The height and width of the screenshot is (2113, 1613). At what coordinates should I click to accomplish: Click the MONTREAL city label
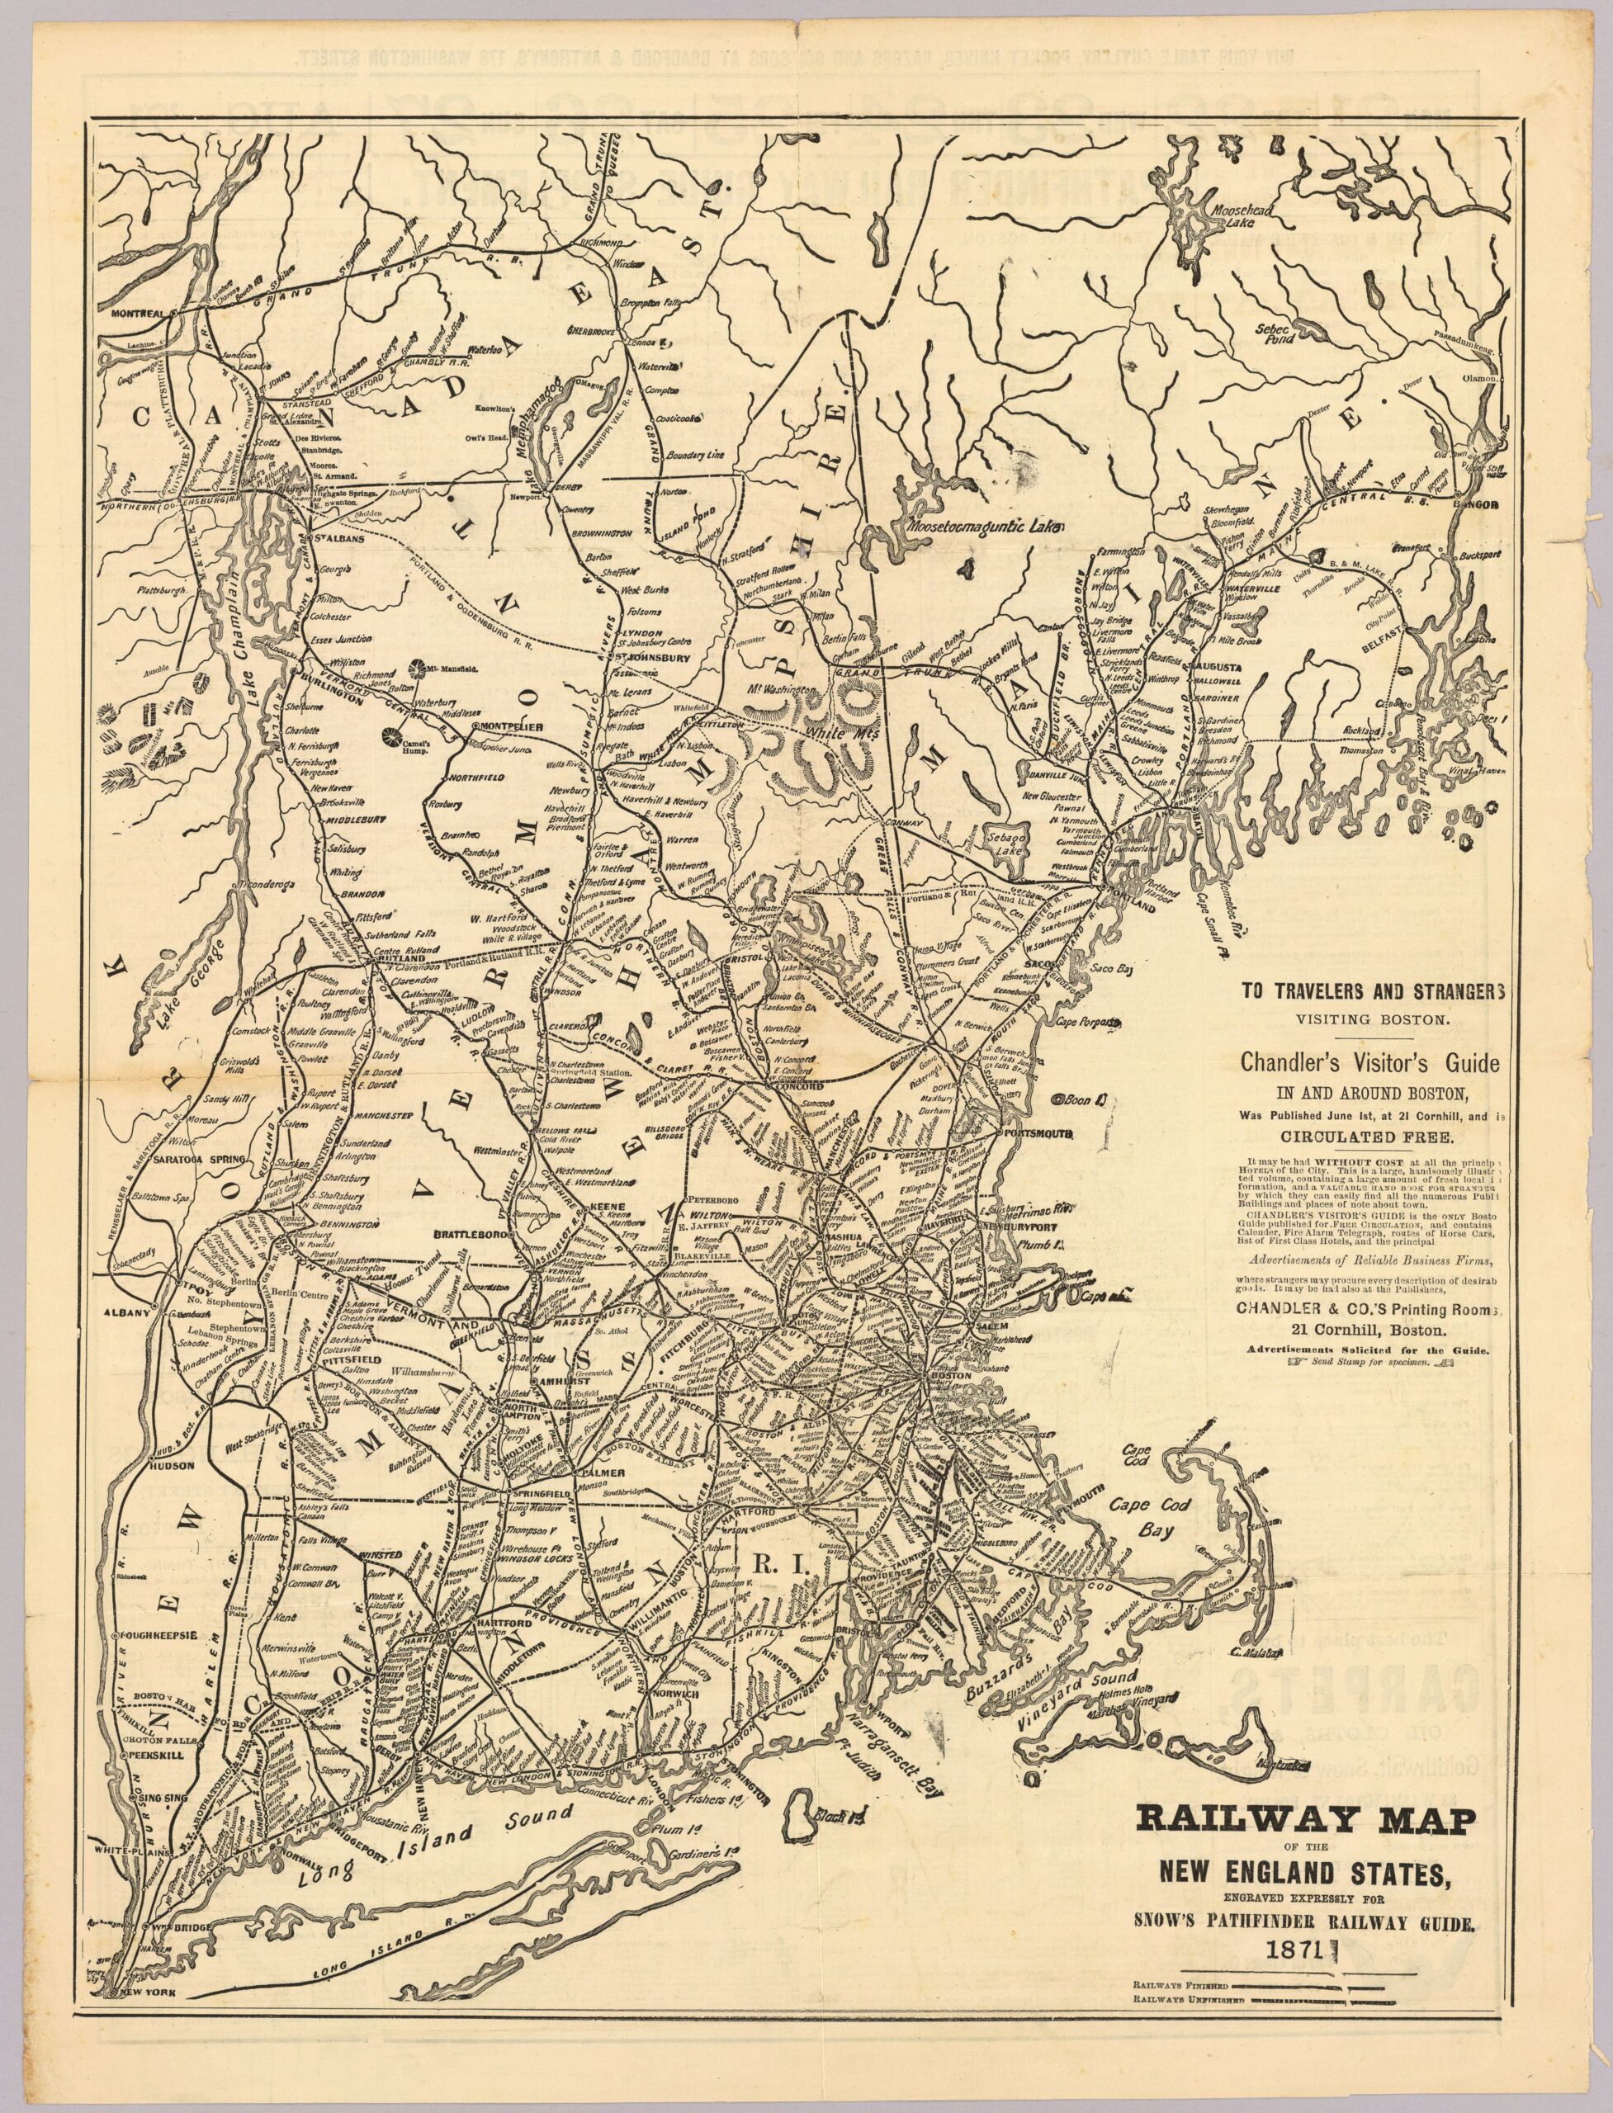[140, 314]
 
